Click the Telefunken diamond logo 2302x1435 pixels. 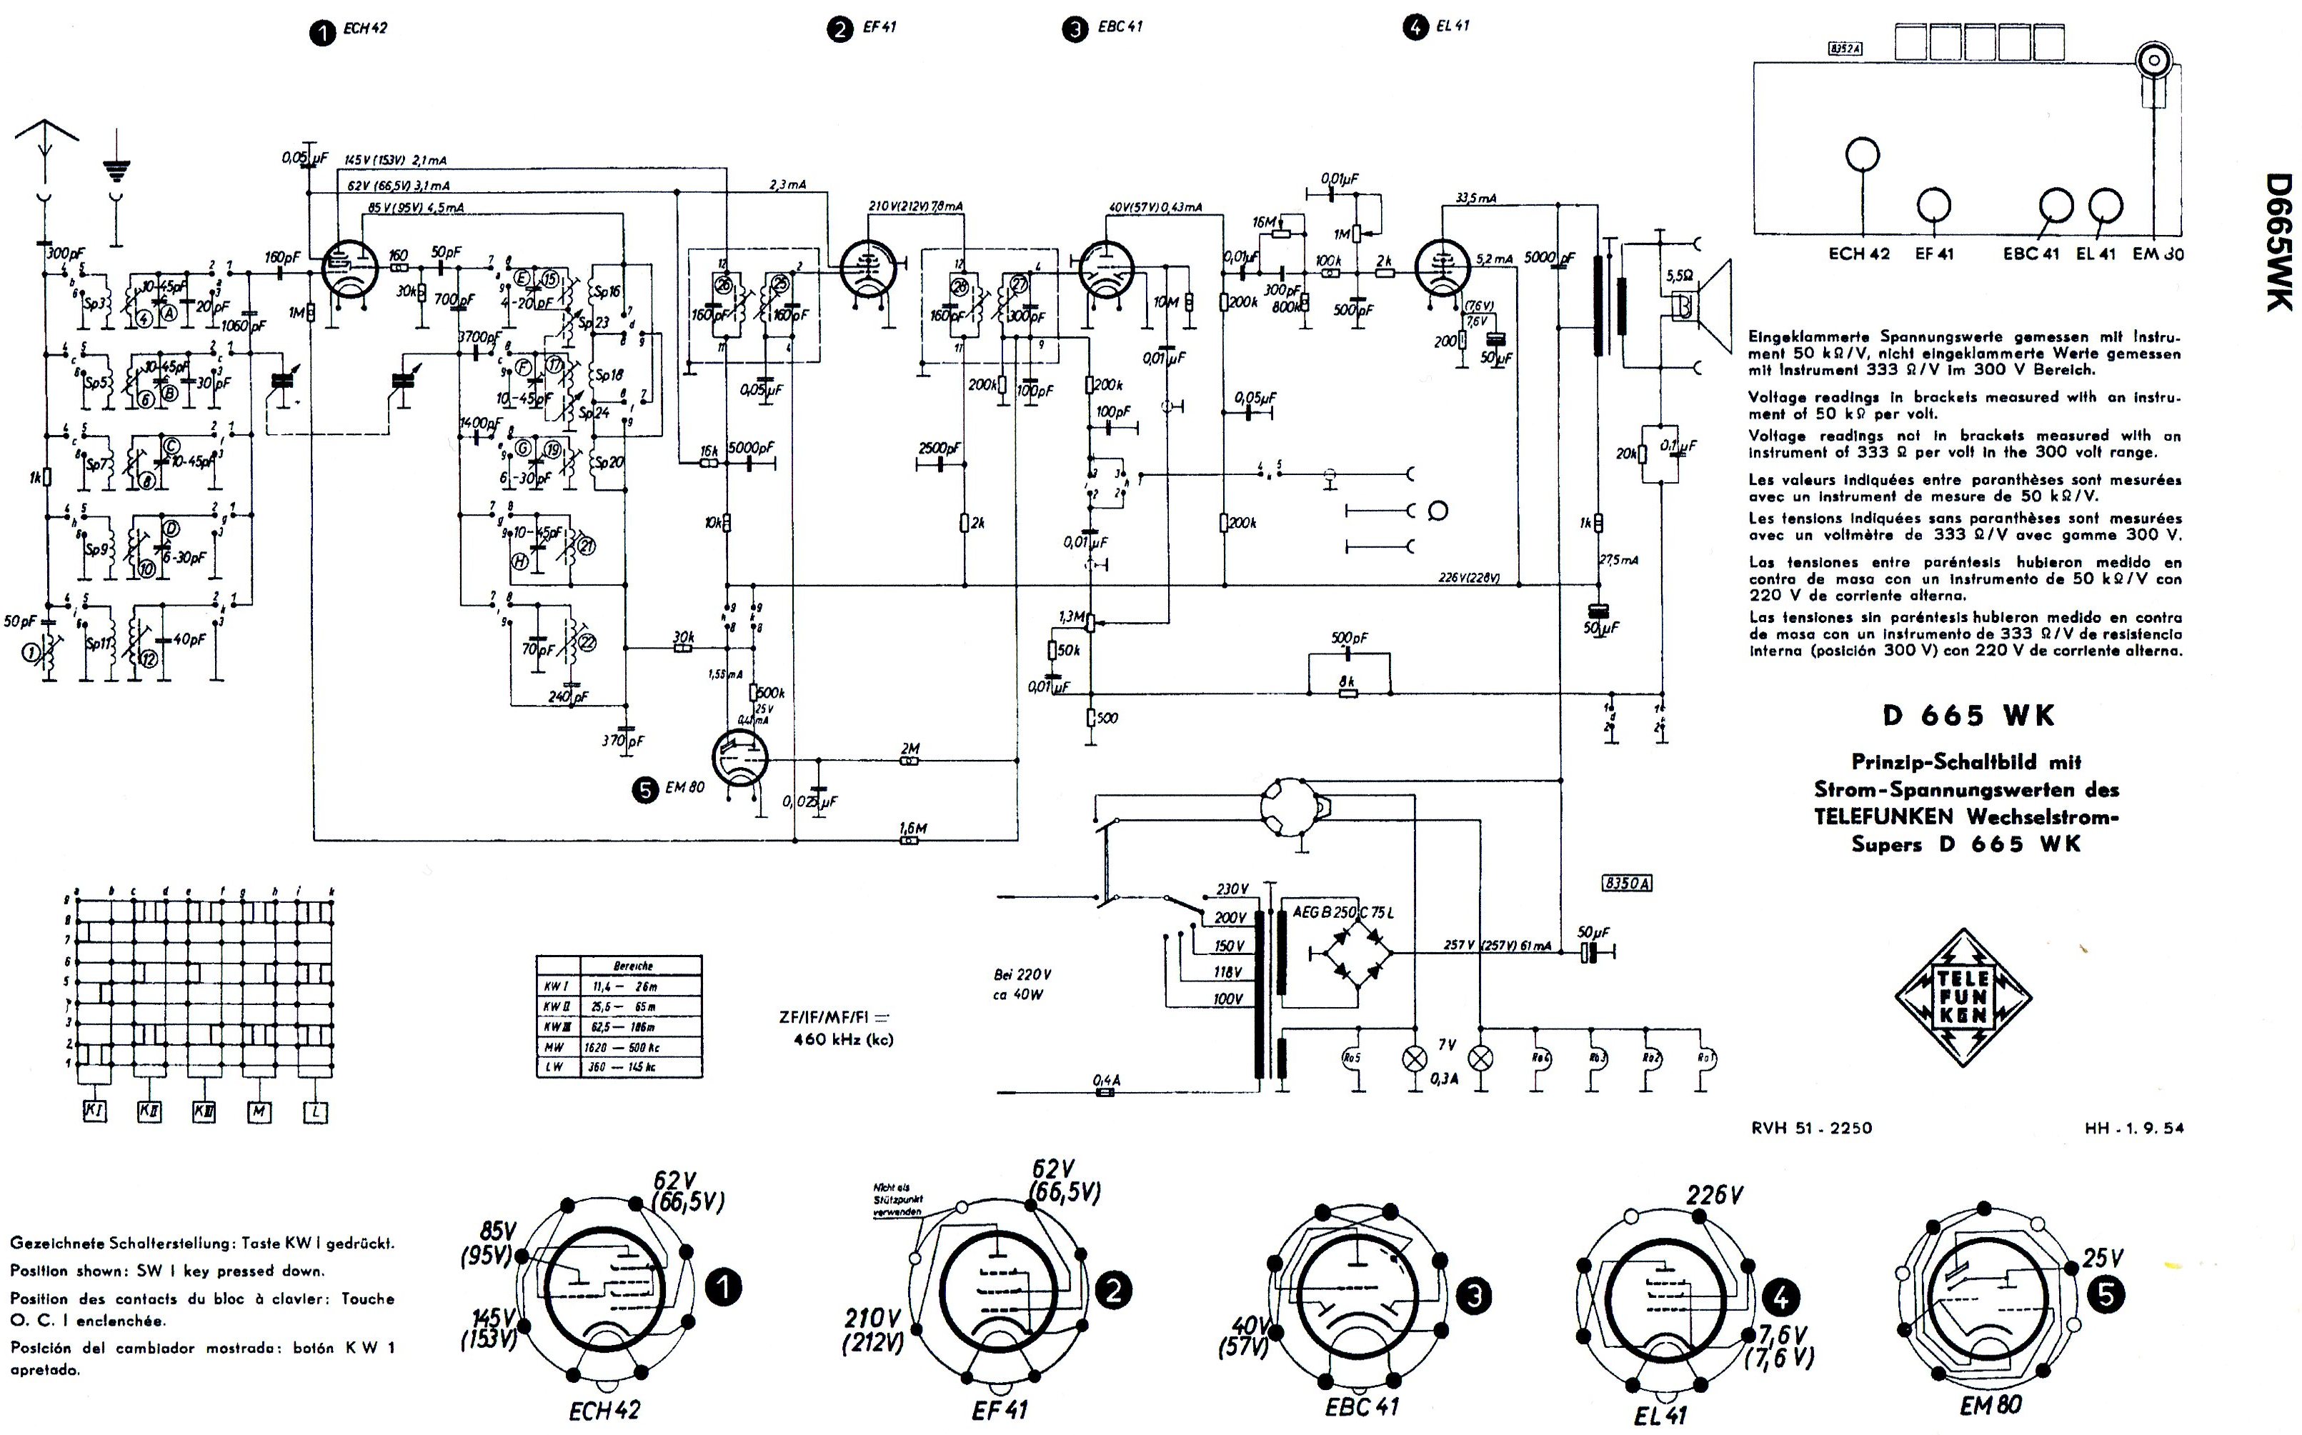(x=1963, y=997)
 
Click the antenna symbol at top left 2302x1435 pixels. (x=44, y=152)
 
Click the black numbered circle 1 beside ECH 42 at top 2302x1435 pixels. (x=323, y=34)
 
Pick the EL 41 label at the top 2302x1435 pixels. (x=1452, y=26)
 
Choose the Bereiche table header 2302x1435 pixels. (x=632, y=965)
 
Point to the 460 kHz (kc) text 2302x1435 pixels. (x=843, y=1039)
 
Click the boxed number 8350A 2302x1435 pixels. (x=1627, y=884)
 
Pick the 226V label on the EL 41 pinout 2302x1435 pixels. (x=1713, y=1196)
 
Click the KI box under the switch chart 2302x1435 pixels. (x=94, y=1111)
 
